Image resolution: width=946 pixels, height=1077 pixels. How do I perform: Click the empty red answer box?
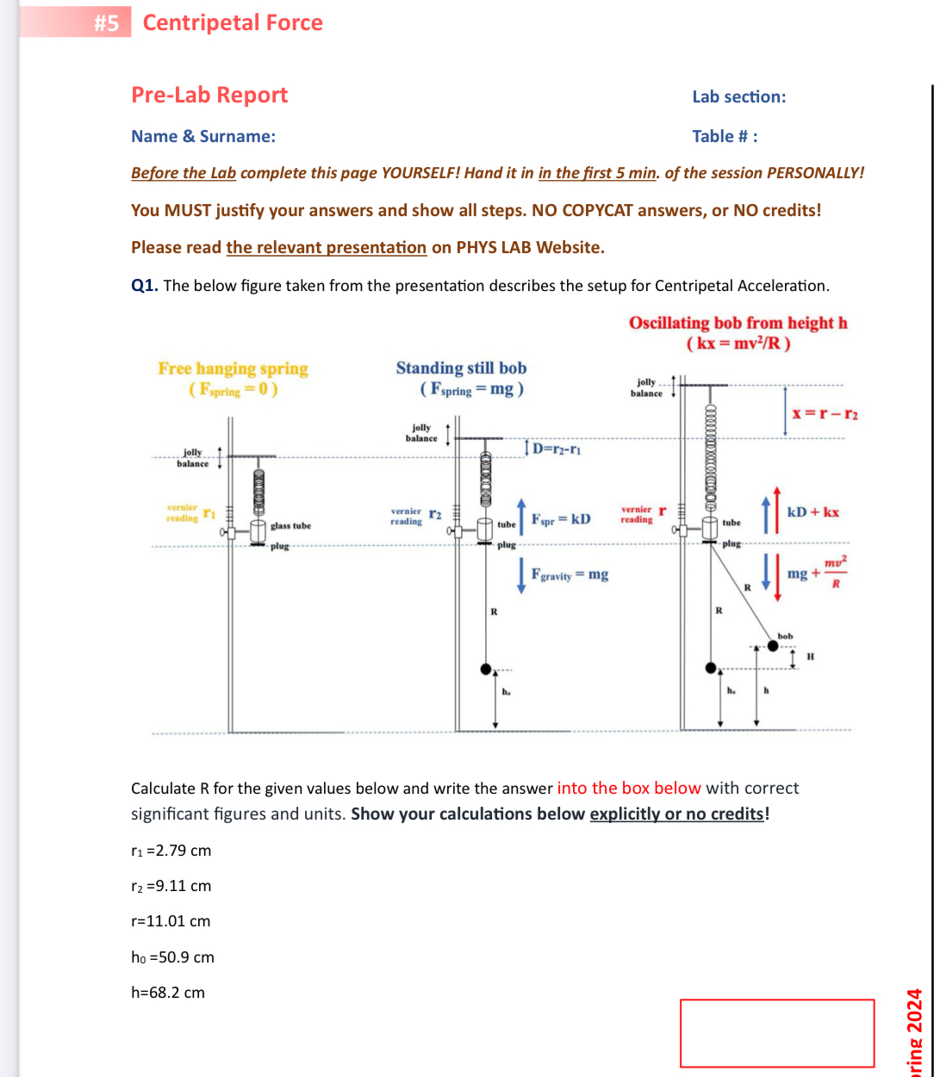point(776,1033)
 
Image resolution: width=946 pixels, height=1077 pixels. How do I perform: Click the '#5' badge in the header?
point(107,23)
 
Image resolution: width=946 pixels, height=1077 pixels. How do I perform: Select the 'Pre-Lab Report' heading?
point(209,95)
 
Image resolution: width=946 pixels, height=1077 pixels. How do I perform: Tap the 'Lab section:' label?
point(738,96)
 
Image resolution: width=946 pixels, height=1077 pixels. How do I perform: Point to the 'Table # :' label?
point(725,136)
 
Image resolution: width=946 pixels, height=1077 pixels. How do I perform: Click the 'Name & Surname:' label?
point(203,136)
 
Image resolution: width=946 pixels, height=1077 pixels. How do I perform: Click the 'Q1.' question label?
point(144,286)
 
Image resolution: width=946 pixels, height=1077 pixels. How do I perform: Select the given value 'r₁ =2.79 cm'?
point(171,851)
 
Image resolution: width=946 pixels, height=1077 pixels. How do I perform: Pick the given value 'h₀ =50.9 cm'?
point(172,957)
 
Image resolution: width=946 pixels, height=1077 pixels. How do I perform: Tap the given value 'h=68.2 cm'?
point(168,993)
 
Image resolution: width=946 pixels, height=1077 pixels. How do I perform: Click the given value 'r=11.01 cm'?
point(171,921)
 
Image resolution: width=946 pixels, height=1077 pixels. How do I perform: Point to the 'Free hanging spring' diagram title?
point(233,368)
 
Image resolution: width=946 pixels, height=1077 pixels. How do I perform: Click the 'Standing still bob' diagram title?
point(461,368)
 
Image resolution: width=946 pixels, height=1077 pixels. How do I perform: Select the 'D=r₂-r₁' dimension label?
point(557,449)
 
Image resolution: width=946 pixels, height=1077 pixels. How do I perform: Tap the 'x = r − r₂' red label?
point(825,414)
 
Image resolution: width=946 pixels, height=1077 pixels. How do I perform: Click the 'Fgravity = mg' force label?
point(569,574)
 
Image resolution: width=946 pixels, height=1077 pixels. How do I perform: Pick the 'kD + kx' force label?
point(812,512)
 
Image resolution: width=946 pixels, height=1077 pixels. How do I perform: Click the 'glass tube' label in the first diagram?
point(290,526)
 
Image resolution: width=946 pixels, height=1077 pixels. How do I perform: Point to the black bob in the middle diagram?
point(486,669)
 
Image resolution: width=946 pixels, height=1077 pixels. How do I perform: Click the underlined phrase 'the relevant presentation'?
point(326,248)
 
